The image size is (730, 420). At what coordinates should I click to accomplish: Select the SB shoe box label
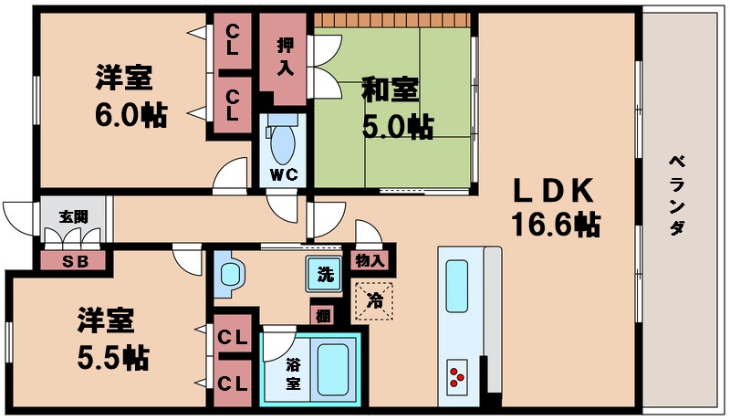(72, 260)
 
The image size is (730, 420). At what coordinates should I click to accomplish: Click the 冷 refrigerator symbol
(374, 299)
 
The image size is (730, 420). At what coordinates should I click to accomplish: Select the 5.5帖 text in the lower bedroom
(112, 356)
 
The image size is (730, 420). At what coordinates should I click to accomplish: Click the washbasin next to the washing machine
(229, 274)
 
